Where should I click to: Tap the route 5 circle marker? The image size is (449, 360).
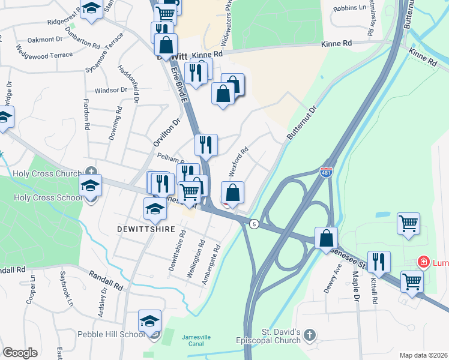[x=255, y=224]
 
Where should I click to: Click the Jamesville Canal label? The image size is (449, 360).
[x=196, y=341]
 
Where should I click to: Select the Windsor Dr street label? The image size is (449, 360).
[x=111, y=90]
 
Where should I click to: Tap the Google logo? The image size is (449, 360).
[x=20, y=353]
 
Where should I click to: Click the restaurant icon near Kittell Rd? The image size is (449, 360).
[x=379, y=262]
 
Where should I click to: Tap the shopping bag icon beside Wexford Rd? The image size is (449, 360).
[x=233, y=193]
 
